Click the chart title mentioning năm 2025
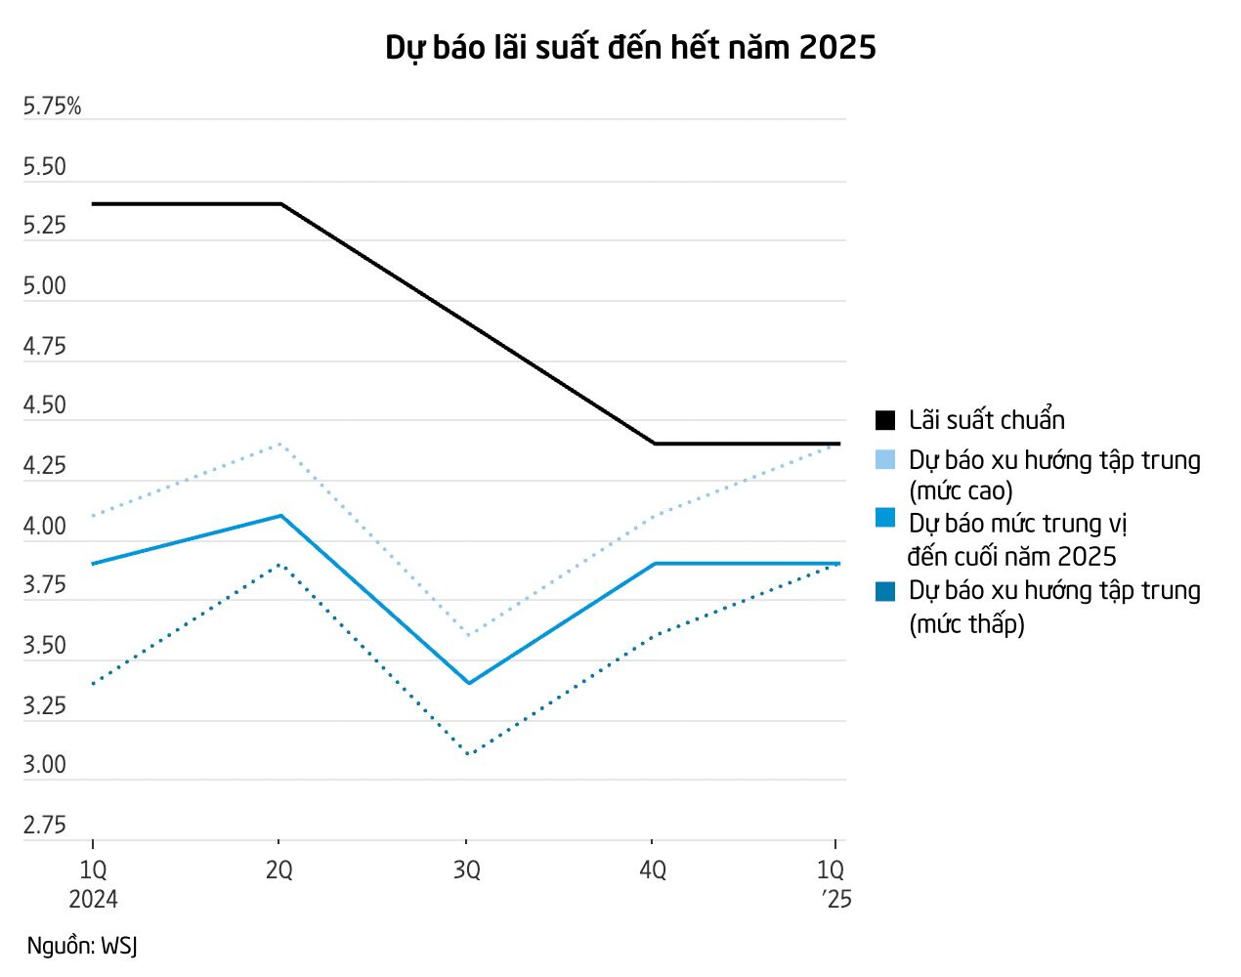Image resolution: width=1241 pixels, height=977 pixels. click(x=630, y=47)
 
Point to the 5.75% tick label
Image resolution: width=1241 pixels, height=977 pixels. click(x=52, y=106)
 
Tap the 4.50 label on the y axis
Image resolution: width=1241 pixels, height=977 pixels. click(x=45, y=405)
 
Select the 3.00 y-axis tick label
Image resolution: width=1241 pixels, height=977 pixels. click(x=45, y=765)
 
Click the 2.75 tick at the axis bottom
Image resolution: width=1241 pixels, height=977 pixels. click(x=45, y=826)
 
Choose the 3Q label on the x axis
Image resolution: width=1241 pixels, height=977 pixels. click(x=467, y=870)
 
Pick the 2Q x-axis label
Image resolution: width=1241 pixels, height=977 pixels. click(x=279, y=870)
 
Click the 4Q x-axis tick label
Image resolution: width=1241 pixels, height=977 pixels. click(x=653, y=870)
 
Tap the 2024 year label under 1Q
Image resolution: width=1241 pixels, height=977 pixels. click(x=93, y=899)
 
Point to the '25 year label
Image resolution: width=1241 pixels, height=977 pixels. click(x=836, y=899)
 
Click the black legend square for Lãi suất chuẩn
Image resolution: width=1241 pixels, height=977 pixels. click(x=885, y=420)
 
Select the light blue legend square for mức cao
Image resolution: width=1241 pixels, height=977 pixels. click(x=885, y=460)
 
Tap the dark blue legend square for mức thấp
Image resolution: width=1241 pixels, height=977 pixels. click(x=885, y=591)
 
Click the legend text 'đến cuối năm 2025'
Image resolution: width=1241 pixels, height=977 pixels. click(x=1011, y=557)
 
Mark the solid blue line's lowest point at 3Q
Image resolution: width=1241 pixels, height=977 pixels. click(x=470, y=683)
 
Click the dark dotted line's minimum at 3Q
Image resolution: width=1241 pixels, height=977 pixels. click(x=470, y=754)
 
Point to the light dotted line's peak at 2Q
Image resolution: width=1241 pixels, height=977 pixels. click(x=281, y=444)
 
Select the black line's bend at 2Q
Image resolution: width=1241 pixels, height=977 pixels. click(x=281, y=204)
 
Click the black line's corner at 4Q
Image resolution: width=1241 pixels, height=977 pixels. click(x=655, y=444)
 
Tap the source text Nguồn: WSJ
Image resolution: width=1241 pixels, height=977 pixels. click(x=82, y=946)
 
